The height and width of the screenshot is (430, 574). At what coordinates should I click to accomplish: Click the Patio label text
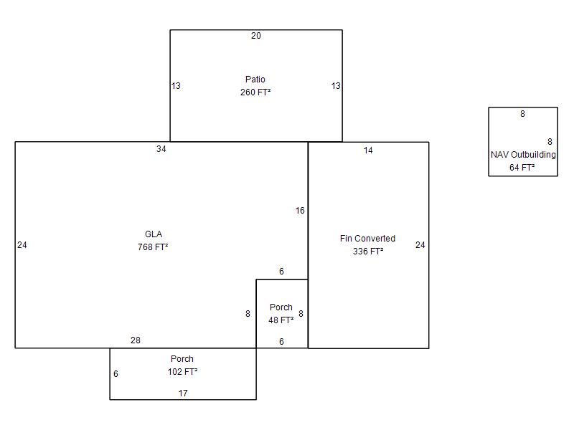pyautogui.click(x=255, y=80)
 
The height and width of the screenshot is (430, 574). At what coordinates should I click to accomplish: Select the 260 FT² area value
pyautogui.click(x=255, y=92)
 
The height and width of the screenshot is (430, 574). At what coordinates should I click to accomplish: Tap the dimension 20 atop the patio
pyautogui.click(x=256, y=35)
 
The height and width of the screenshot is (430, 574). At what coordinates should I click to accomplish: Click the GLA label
pyautogui.click(x=154, y=234)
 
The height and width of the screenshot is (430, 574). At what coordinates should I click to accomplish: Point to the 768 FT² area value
pyautogui.click(x=153, y=247)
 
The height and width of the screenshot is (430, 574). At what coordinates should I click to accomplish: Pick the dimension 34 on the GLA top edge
pyautogui.click(x=161, y=149)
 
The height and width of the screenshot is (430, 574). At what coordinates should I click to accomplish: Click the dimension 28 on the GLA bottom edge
pyautogui.click(x=136, y=340)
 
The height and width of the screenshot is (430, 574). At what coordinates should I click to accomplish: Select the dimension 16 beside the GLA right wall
pyautogui.click(x=300, y=210)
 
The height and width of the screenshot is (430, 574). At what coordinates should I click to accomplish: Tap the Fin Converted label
pyautogui.click(x=367, y=239)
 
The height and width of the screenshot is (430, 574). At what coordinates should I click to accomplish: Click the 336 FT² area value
pyautogui.click(x=368, y=252)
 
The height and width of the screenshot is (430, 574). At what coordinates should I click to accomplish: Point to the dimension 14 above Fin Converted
pyautogui.click(x=368, y=150)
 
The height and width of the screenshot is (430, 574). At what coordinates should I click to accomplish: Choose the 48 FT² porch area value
pyautogui.click(x=281, y=320)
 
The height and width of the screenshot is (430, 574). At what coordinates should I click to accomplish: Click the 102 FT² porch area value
pyautogui.click(x=182, y=371)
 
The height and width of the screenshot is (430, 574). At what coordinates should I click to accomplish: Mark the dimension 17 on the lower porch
pyautogui.click(x=183, y=393)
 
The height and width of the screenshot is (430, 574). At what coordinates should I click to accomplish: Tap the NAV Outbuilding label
pyautogui.click(x=523, y=155)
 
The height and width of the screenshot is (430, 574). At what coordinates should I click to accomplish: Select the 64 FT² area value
pyautogui.click(x=522, y=168)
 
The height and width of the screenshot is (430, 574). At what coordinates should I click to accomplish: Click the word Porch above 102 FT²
pyautogui.click(x=182, y=359)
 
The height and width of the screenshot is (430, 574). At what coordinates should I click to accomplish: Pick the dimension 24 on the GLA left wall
pyautogui.click(x=22, y=245)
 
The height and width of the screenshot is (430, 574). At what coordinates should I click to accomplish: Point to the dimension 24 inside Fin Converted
pyautogui.click(x=420, y=245)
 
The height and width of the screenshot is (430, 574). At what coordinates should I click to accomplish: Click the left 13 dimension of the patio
pyautogui.click(x=176, y=85)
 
